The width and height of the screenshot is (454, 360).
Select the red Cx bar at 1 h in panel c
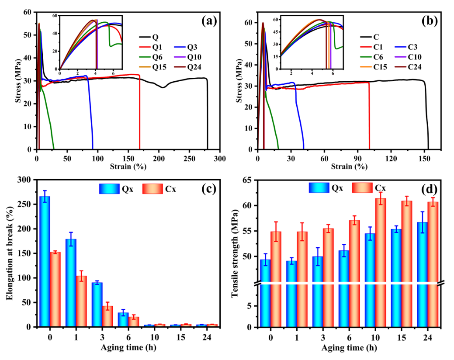81,301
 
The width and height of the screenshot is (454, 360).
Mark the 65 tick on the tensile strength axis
250,180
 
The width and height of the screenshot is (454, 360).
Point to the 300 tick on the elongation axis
28,180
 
